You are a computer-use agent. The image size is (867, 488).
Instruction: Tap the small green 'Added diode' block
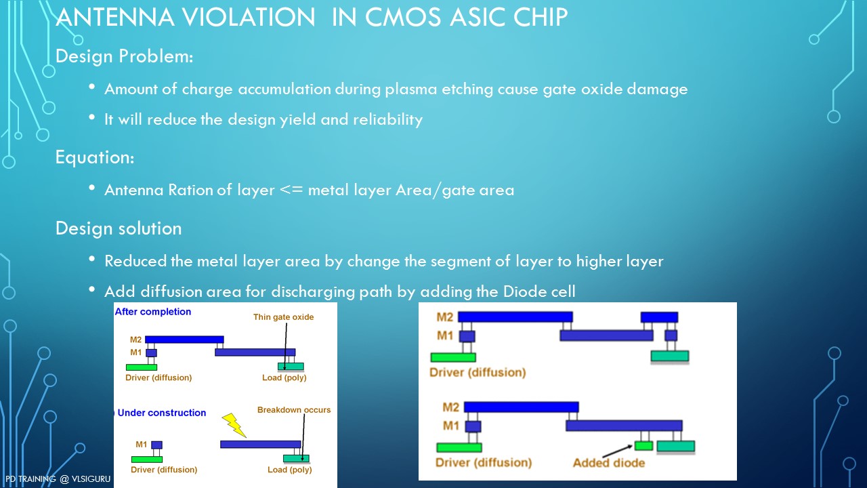pyautogui.click(x=643, y=446)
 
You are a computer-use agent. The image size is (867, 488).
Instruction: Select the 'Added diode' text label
pyautogui.click(x=608, y=463)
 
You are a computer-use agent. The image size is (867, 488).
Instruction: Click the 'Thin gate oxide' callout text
pyautogui.click(x=284, y=317)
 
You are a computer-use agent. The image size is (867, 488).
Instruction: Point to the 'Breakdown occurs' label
pyautogui.click(x=294, y=410)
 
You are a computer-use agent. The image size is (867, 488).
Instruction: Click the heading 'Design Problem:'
pyautogui.click(x=125, y=56)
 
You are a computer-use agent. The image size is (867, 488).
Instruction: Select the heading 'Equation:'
pyautogui.click(x=95, y=157)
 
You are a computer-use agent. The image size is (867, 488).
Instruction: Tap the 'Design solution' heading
pyautogui.click(x=119, y=228)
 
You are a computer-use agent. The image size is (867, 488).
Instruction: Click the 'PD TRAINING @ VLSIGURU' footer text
pyautogui.click(x=58, y=479)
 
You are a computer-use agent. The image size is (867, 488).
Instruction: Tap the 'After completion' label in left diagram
pyautogui.click(x=153, y=312)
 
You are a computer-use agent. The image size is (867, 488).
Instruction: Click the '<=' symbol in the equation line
pyautogui.click(x=292, y=190)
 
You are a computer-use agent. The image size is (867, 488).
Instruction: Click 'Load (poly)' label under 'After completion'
pyautogui.click(x=284, y=378)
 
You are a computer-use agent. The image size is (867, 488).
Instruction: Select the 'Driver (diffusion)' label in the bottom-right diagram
pyautogui.click(x=484, y=463)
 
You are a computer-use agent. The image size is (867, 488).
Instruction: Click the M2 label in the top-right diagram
pyautogui.click(x=445, y=317)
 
